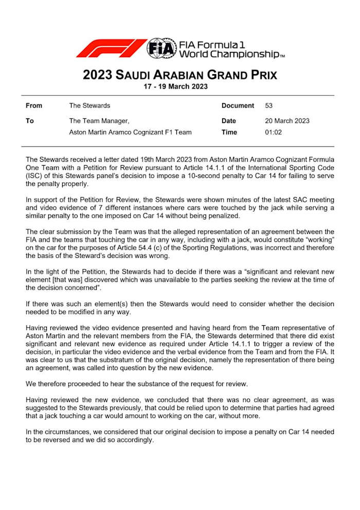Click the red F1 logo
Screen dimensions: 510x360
pyautogui.click(x=111, y=48)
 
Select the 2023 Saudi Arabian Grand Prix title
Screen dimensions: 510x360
pyautogui.click(x=180, y=75)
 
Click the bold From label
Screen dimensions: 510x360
pyautogui.click(x=34, y=105)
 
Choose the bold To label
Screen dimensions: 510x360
pyautogui.click(x=29, y=121)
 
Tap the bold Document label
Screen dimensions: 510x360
pyautogui.click(x=238, y=105)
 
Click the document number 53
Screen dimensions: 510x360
pyautogui.click(x=268, y=105)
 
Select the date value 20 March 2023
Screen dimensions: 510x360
pyautogui.click(x=287, y=121)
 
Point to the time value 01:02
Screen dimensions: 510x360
pyautogui.click(x=273, y=132)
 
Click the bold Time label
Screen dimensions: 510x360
pyautogui.click(x=229, y=132)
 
